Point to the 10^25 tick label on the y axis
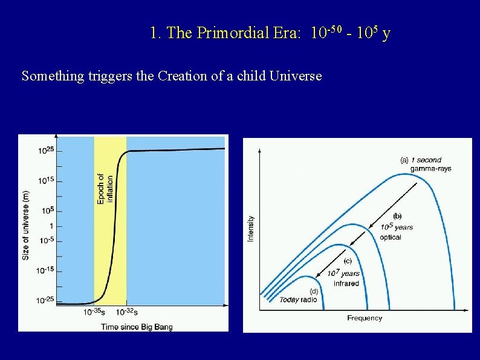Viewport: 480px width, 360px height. click(46, 151)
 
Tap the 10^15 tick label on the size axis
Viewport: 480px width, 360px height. click(46, 180)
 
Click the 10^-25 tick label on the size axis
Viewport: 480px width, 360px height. click(45, 300)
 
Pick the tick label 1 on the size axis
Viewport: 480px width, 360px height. click(51, 226)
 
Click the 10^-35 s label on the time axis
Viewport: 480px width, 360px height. click(93, 312)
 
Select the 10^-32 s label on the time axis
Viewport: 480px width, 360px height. click(126, 312)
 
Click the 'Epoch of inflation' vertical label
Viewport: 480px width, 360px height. click(105, 189)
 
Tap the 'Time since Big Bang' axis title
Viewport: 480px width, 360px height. click(137, 327)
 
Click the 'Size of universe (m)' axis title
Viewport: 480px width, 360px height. click(26, 225)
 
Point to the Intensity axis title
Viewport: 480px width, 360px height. click(251, 229)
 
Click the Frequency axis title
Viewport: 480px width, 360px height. click(365, 318)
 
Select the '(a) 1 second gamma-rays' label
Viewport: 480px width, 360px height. click(426, 164)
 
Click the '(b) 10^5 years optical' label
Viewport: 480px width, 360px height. click(396, 227)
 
